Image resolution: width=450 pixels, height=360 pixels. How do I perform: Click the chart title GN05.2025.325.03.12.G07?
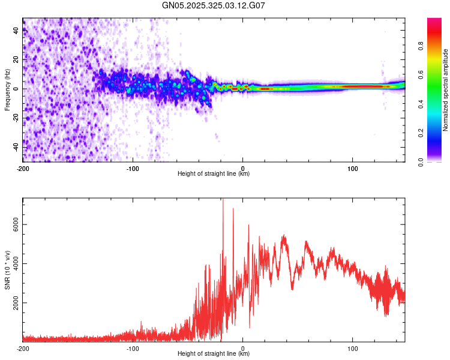214,5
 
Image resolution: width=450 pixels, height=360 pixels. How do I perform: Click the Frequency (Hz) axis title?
7,89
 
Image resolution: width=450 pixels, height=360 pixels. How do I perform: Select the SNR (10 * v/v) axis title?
7,269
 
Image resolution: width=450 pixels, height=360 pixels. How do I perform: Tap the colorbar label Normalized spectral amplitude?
445,89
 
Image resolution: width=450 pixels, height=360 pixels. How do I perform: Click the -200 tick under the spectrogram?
23,168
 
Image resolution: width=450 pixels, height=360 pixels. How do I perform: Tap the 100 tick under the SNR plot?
353,348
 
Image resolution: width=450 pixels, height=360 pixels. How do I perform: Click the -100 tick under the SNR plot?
133,348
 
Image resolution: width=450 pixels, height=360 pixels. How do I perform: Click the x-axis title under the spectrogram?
214,174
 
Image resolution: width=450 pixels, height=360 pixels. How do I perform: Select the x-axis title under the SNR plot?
214,354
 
